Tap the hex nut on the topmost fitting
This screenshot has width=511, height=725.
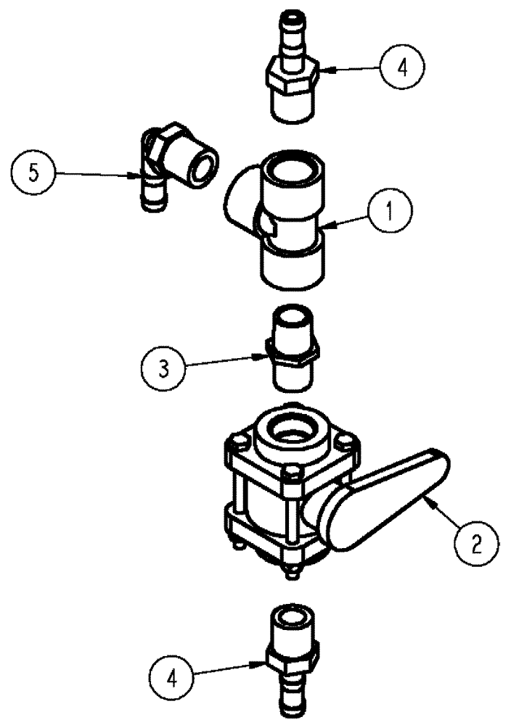click(x=293, y=73)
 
